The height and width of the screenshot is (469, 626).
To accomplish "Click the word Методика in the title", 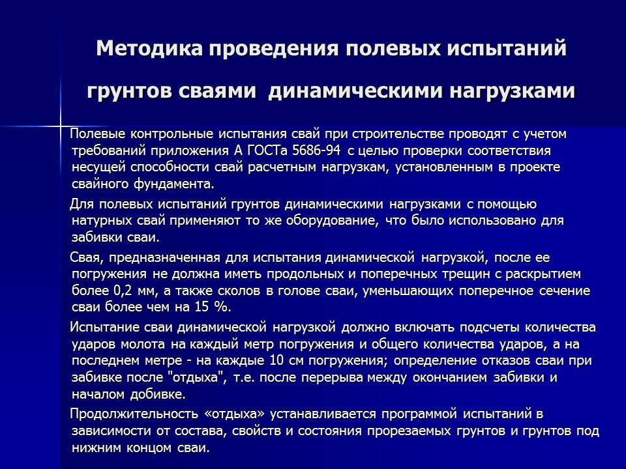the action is pyautogui.click(x=149, y=49).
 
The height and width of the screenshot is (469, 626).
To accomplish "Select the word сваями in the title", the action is pyautogui.click(x=216, y=91).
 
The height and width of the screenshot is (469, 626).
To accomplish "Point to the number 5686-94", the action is pyautogui.click(x=317, y=150).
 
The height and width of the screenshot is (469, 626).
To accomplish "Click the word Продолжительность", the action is pyautogui.click(x=134, y=414).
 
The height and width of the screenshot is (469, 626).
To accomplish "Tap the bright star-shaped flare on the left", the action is pyautogui.click(x=61, y=127).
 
